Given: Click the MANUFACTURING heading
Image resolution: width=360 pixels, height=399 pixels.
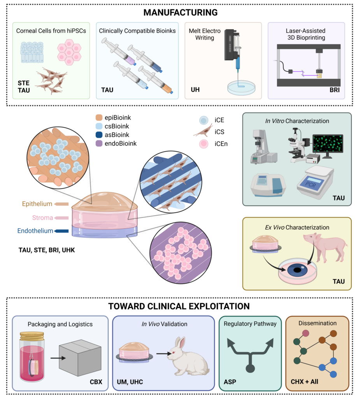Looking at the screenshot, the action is (180, 12).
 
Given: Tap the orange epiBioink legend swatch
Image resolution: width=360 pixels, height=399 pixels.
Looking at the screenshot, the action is (99, 118).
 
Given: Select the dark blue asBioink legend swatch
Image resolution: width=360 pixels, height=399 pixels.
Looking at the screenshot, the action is (99, 135).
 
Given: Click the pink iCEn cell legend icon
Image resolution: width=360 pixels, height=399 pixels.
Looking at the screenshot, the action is (204, 144).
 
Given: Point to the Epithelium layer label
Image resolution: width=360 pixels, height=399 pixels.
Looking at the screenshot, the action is (37, 204).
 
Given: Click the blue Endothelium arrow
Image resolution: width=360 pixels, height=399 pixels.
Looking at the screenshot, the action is (61, 231).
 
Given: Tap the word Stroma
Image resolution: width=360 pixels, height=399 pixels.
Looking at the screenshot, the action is (42, 218).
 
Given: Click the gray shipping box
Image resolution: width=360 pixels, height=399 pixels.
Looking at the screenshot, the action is (80, 358).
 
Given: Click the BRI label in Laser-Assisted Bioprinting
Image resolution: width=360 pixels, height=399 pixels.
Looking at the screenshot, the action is (335, 90).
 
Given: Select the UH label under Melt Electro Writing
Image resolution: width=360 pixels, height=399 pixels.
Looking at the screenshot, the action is (195, 90).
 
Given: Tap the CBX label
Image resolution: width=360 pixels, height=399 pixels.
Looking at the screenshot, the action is (96, 382).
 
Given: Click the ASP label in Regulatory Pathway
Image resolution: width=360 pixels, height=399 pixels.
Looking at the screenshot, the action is (230, 382).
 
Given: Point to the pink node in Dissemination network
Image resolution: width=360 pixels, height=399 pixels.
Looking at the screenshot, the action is (306, 333).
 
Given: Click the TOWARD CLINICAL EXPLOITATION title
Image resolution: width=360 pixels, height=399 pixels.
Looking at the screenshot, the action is (179, 306).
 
